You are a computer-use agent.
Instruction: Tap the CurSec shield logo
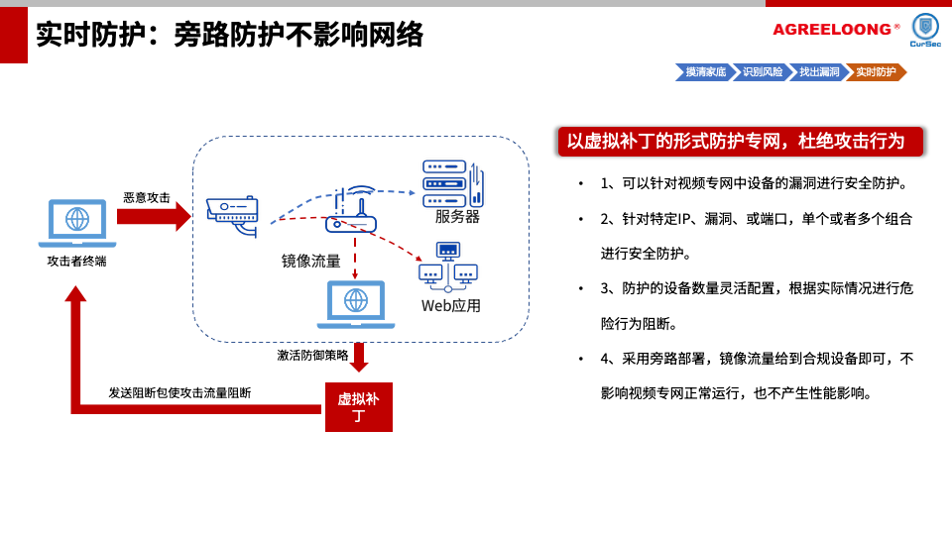tap(925, 27)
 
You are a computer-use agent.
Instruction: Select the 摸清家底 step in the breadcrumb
tap(705, 72)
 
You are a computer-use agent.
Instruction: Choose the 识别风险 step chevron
tap(763, 72)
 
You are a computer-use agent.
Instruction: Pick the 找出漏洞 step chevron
tap(819, 72)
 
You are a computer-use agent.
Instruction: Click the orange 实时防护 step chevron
tap(876, 72)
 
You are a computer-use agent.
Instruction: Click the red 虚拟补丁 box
tap(359, 407)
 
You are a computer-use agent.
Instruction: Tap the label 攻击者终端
tap(76, 261)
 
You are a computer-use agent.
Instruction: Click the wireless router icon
tap(352, 212)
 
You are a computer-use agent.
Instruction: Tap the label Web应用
tap(451, 306)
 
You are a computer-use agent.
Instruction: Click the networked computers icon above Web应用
tap(448, 267)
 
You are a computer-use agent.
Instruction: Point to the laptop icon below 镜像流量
tap(356, 303)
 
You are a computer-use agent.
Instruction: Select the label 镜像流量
tap(310, 261)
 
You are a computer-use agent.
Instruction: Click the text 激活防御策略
tap(312, 355)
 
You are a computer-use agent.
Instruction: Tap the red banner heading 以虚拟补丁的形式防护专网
tap(740, 142)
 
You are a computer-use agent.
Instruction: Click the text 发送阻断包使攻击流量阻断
tap(179, 392)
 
